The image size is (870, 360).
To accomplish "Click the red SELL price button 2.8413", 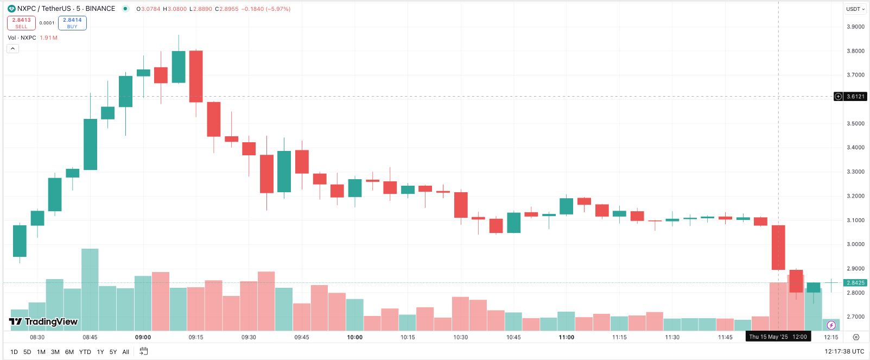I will [21, 23].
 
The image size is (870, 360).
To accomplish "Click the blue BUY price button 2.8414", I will [72, 23].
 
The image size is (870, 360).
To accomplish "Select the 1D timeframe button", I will [14, 352].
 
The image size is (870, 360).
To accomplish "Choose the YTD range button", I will [85, 352].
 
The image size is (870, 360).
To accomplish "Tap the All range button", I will [126, 352].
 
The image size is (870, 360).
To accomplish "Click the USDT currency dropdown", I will [855, 9].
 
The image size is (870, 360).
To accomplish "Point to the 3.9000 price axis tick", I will [855, 27].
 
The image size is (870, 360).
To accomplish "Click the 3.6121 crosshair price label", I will [855, 97].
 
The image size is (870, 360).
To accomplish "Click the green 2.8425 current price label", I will [855, 283].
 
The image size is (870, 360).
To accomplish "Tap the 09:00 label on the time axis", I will [143, 337].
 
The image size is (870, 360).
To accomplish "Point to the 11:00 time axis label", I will [567, 337].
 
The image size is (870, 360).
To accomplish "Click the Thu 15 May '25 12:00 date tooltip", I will [778, 337].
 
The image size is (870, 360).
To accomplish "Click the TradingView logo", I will [43, 321].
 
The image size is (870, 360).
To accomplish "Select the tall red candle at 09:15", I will [196, 76].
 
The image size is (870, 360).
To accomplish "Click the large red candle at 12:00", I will [778, 247].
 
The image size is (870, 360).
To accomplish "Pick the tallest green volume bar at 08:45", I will [90, 289].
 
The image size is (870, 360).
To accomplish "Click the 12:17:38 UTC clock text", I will [844, 351].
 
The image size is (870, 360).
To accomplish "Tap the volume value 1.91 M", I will [48, 38].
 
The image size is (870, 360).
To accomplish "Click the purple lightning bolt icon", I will [831, 325].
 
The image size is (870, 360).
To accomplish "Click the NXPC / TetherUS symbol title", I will [66, 9].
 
